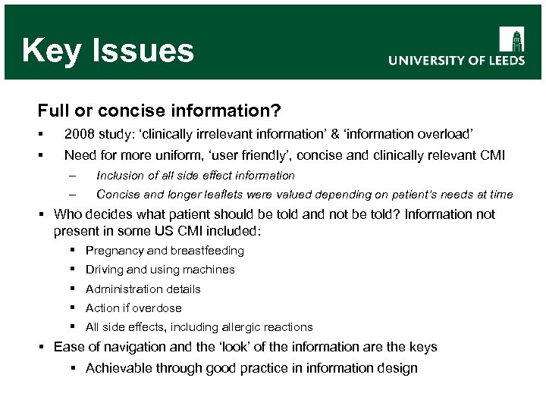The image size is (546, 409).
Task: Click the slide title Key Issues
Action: click(108, 51)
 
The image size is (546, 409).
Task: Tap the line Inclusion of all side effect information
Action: click(196, 176)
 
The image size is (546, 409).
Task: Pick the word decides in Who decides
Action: click(115, 214)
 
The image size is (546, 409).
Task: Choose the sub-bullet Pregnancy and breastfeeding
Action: click(165, 251)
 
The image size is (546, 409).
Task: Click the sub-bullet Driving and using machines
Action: click(160, 270)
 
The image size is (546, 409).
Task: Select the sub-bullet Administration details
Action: click(143, 289)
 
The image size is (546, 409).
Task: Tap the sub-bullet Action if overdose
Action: click(133, 308)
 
